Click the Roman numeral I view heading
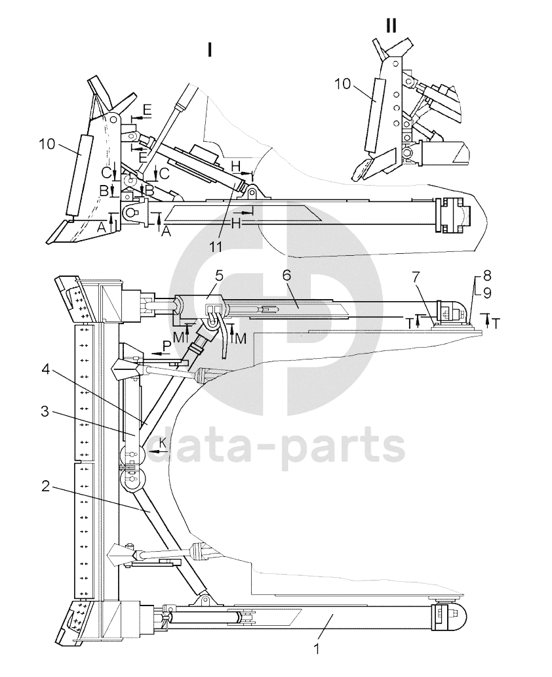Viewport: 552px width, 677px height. click(x=209, y=50)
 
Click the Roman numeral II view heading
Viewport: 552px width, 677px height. click(x=391, y=26)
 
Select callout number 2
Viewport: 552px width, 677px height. click(x=45, y=486)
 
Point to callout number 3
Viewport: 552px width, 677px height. click(x=45, y=411)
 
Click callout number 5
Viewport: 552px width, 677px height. click(x=219, y=276)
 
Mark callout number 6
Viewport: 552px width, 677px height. click(x=286, y=276)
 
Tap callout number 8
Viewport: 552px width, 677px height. click(x=487, y=276)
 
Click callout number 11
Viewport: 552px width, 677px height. click(x=216, y=247)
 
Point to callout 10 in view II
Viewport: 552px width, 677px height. click(x=342, y=84)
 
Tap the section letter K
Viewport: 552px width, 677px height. click(x=163, y=443)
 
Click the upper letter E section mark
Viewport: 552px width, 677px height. click(x=147, y=110)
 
